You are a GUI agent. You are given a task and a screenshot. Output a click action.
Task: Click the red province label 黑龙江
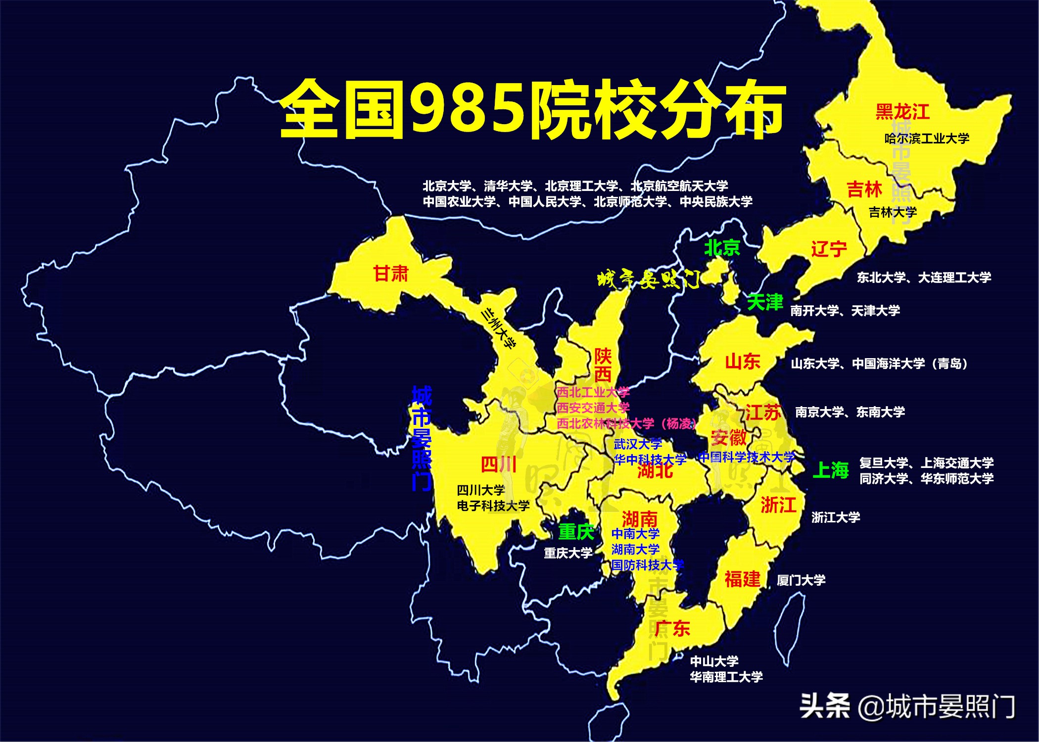902,112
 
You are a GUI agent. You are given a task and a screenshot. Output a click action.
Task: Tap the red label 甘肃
391,274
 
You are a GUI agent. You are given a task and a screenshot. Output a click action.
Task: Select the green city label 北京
722,247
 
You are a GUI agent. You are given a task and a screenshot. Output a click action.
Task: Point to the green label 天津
765,302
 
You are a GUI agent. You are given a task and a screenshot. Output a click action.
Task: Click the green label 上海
831,470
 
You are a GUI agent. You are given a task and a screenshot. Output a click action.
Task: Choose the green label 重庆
576,532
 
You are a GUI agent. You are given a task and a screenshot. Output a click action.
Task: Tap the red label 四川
499,464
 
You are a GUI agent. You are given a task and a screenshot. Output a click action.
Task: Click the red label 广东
672,628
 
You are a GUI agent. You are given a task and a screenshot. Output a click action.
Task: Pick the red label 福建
742,579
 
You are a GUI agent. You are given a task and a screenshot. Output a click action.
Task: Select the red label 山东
742,362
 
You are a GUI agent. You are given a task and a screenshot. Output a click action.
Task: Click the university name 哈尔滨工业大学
927,139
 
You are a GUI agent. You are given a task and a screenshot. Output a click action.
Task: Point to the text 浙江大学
836,517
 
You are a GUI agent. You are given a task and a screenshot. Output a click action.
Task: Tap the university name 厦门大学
801,580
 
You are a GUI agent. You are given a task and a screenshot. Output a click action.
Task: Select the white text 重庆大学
568,553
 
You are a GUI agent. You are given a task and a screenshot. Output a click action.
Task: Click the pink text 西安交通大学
593,408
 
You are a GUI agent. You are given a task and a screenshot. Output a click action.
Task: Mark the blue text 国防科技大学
647,565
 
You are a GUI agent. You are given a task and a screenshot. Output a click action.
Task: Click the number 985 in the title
468,109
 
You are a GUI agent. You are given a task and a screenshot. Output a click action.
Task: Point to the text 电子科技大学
493,506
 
